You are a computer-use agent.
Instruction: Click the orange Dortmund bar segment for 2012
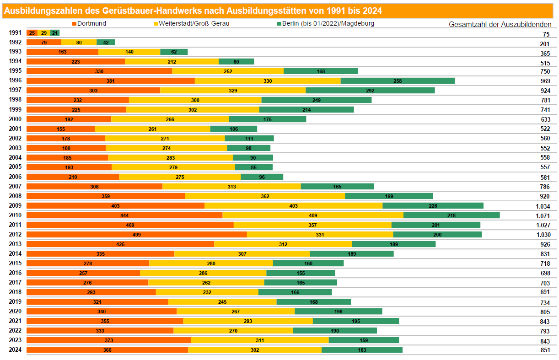point(137,235)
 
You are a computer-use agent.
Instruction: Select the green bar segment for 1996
point(398,81)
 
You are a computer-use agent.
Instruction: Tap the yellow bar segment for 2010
point(313,215)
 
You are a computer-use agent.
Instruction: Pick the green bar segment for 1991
point(55,32)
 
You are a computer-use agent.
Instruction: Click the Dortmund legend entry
point(89,23)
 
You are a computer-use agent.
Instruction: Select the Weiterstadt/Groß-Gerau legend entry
point(192,23)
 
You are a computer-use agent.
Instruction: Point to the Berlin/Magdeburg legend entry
point(326,23)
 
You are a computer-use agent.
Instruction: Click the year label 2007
point(15,186)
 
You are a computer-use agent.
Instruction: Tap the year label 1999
point(15,109)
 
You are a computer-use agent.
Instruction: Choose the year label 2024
point(15,350)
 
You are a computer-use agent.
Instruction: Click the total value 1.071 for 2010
point(543,216)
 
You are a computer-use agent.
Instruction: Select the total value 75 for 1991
point(546,34)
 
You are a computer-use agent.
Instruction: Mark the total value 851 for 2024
point(545,350)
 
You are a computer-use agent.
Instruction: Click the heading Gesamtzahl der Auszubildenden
point(500,24)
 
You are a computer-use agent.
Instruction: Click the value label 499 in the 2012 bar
point(136,235)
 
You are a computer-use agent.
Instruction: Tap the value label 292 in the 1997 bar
point(370,91)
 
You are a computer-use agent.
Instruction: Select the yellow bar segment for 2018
point(207,292)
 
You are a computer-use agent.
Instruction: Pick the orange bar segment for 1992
point(44,43)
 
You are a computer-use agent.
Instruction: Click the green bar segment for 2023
point(364,340)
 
